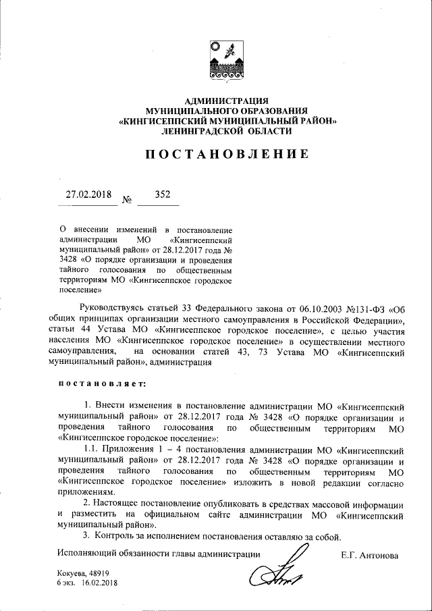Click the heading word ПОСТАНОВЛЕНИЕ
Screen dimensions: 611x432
pyautogui.click(x=227, y=154)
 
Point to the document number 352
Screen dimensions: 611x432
pyautogui.click(x=163, y=194)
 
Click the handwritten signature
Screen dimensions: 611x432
pyautogui.click(x=277, y=571)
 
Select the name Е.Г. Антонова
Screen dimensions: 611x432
pyautogui.click(x=370, y=556)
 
